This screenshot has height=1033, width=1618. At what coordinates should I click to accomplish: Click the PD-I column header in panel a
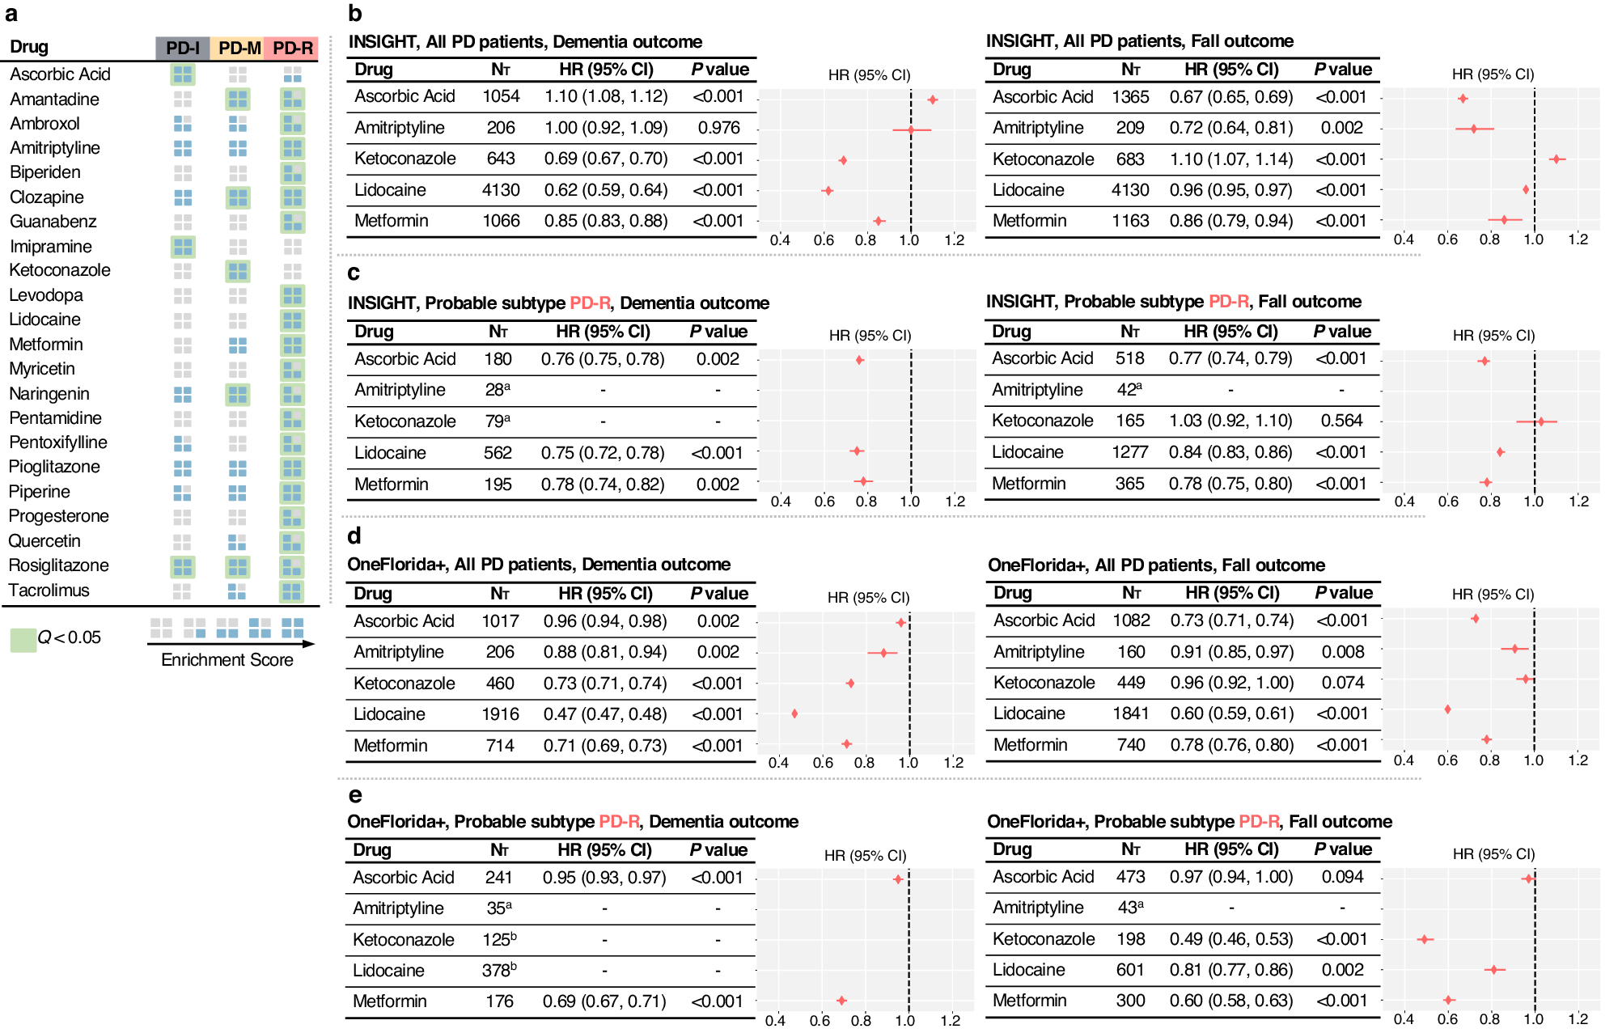pos(182,48)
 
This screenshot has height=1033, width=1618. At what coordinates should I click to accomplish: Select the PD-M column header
pos(239,48)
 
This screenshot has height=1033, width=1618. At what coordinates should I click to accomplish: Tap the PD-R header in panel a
pos(292,48)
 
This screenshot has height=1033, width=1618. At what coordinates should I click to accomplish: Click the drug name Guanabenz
pos(53,222)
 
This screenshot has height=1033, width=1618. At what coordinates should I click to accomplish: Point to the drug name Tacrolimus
pos(49,591)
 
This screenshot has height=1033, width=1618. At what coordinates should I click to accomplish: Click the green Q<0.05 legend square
pos(23,640)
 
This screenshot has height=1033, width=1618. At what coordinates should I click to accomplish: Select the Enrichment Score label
pos(227,660)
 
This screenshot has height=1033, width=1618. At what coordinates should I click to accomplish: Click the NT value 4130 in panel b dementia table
pos(501,190)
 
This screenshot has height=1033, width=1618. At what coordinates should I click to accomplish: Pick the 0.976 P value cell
pos(718,128)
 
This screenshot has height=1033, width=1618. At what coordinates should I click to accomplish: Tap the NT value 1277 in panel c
pos(1129,452)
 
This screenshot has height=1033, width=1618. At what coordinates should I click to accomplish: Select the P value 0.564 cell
pos(1341,421)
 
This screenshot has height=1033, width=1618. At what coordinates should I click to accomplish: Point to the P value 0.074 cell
pos(1343,683)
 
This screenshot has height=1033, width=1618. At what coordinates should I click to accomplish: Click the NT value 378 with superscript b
pos(499,971)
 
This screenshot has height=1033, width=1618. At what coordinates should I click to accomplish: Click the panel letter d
pos(354,536)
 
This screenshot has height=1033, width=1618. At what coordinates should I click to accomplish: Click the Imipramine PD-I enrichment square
pos(183,247)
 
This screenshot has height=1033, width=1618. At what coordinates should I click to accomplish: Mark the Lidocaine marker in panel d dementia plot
pos(794,713)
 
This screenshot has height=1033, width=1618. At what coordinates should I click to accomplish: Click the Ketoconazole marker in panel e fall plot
pos(1425,939)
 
